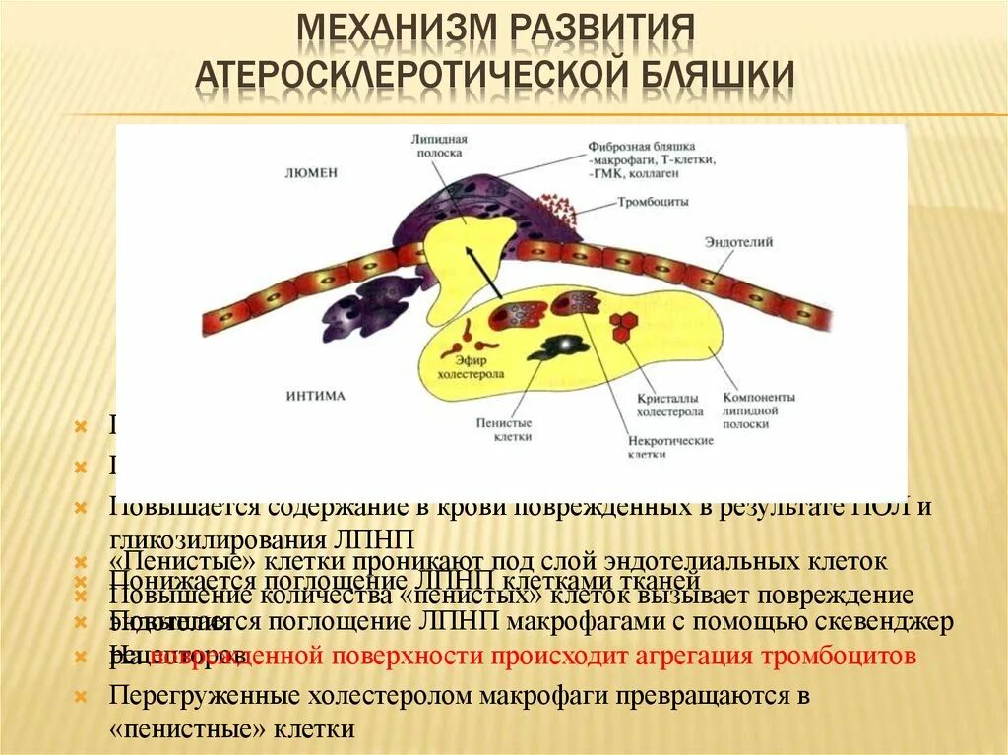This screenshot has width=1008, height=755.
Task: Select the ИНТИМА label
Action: pos(316,397)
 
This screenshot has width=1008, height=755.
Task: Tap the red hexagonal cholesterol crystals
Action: pos(622,326)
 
